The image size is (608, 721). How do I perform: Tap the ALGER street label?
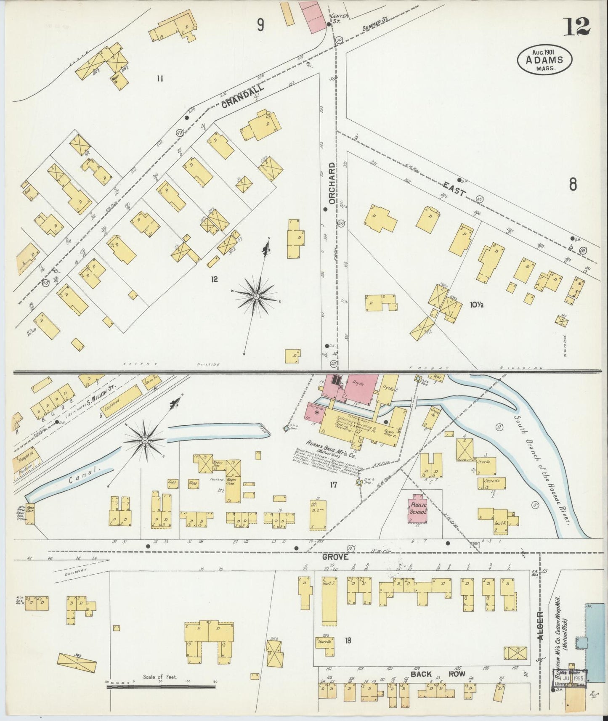(x=541, y=625)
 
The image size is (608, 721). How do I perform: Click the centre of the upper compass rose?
(x=255, y=297)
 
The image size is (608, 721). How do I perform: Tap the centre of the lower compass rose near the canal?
(x=145, y=440)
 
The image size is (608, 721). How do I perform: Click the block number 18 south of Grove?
(x=348, y=641)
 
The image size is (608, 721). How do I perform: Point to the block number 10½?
(x=477, y=305)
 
